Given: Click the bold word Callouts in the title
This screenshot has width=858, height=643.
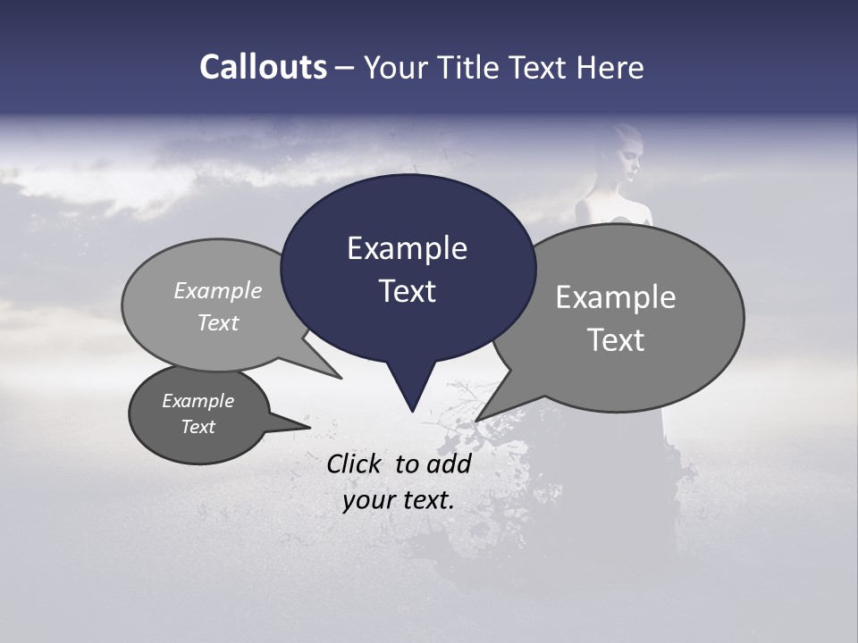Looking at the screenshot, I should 263,67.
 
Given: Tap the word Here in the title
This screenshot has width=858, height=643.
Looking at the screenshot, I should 610,67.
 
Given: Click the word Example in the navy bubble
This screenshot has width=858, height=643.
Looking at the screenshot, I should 407,247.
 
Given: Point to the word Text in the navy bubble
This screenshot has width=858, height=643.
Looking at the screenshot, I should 407,290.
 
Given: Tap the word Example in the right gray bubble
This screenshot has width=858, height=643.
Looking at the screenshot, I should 615,296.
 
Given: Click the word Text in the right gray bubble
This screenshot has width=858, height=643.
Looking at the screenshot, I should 616,339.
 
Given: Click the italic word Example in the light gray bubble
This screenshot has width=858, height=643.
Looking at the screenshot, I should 217,290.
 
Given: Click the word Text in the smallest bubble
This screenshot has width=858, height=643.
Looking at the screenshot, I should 198,426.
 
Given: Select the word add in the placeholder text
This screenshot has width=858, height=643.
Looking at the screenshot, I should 449,463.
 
